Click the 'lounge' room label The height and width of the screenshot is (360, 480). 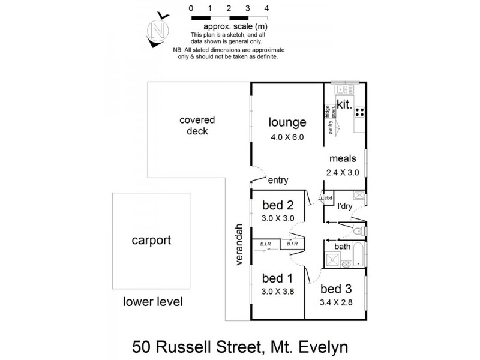[287, 122]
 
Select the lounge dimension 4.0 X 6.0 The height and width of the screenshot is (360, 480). [287, 137]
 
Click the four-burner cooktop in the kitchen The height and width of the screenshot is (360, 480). [360, 112]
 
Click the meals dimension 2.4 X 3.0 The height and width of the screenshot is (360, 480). [343, 172]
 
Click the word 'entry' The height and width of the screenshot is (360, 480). [278, 179]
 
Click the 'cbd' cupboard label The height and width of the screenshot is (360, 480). [328, 197]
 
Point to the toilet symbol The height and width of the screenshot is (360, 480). [358, 231]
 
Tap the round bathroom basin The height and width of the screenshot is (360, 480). [346, 264]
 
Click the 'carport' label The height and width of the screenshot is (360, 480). [151, 241]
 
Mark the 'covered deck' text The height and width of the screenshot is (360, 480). [197, 125]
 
